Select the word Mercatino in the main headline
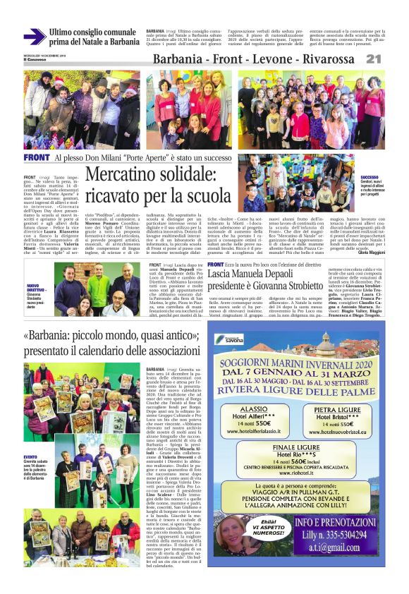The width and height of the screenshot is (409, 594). pyautogui.click(x=133, y=175)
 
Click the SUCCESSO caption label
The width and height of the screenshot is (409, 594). pyautogui.click(x=370, y=177)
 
